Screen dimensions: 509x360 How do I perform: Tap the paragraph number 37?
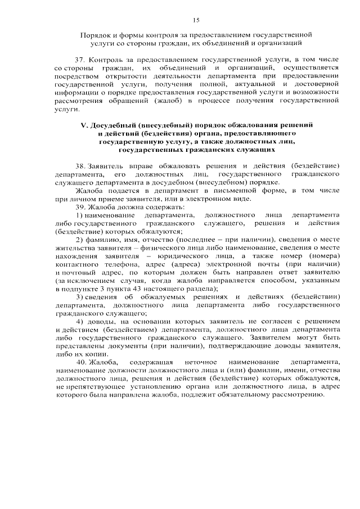pos(80,59)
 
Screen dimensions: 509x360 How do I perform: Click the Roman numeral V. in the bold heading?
pos(85,124)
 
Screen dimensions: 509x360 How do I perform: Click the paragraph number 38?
pos(80,166)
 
